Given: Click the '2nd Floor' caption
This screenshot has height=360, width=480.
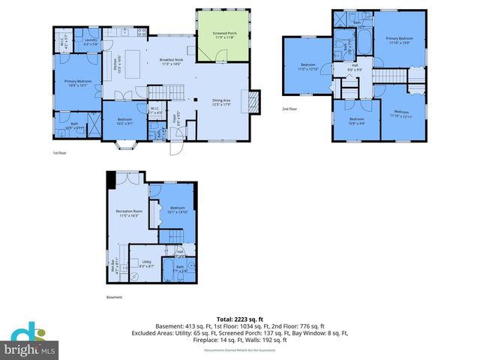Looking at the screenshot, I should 289,108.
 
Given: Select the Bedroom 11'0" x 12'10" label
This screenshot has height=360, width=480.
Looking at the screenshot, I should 307,67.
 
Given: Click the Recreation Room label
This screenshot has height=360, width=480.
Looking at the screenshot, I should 129,212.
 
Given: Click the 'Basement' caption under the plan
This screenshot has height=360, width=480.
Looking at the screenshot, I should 114,297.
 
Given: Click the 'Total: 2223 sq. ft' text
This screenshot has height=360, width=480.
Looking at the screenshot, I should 239,319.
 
